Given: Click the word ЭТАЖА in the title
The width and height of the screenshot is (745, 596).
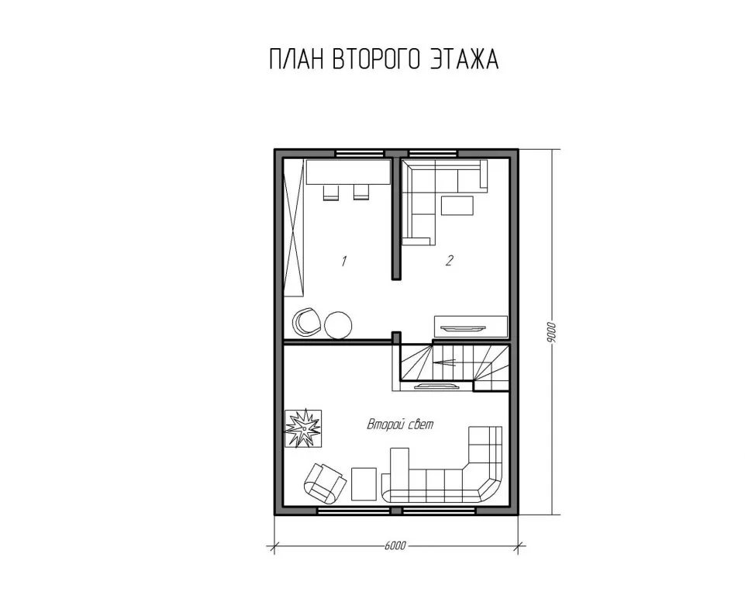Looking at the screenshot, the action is (x=464, y=60).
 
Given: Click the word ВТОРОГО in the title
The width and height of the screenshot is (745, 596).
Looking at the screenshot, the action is (x=376, y=60).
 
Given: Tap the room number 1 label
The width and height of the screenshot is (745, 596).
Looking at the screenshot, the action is (x=343, y=261).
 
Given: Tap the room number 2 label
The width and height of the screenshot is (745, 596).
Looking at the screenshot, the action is (x=450, y=260).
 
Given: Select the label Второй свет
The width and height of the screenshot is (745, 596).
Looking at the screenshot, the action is (x=400, y=424).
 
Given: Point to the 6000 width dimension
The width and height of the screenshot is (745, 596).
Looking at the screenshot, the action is (x=395, y=545).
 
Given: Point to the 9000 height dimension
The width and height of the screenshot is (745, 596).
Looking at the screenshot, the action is (x=550, y=332).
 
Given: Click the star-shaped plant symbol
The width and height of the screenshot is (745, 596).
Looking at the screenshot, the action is (x=302, y=428).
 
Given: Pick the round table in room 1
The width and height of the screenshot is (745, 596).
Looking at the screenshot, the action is (x=339, y=324).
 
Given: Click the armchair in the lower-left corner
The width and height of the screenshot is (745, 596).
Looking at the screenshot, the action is (x=325, y=483).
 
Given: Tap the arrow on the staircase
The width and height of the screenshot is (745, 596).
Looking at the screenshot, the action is (x=445, y=362).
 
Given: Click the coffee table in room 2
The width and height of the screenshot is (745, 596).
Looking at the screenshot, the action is (x=457, y=206).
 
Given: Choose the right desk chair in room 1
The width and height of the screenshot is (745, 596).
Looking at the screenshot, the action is (x=361, y=192).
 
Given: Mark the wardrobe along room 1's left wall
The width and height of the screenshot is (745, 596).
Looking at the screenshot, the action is (x=294, y=228).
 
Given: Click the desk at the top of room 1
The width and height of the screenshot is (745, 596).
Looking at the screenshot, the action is (x=348, y=172).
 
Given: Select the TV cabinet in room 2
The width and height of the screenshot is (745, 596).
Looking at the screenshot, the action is (x=471, y=327).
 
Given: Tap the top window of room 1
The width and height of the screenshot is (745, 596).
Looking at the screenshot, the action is (x=360, y=153).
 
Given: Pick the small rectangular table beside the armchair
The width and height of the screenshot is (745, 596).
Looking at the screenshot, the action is (x=364, y=483).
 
